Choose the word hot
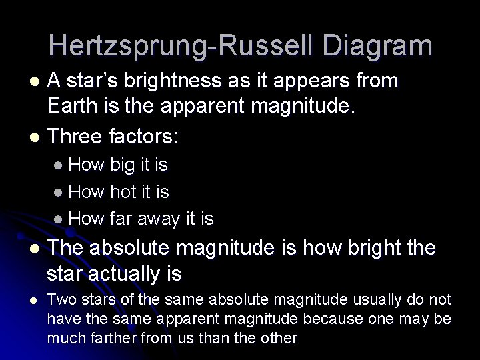pos(123,192)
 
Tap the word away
pos(161,218)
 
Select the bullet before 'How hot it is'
pos(60,193)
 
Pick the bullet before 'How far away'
pos(60,219)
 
